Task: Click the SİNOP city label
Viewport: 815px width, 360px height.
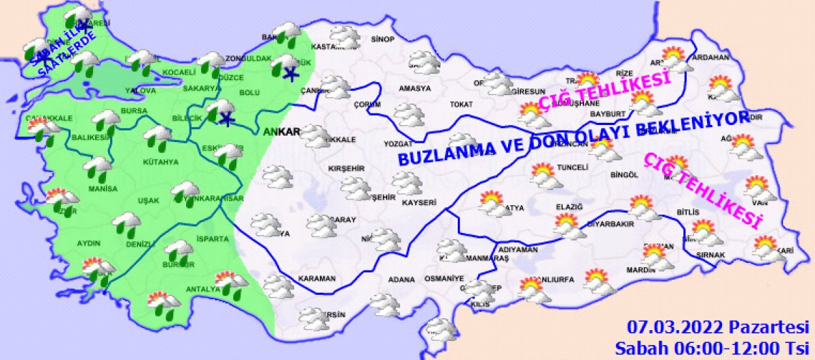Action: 383,39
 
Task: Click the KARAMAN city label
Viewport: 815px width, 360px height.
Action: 317,278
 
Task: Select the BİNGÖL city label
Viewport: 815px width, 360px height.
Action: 625,175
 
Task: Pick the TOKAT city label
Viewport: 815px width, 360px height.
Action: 460,105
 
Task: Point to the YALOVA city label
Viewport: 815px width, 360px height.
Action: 143,90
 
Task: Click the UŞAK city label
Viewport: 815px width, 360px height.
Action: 148,200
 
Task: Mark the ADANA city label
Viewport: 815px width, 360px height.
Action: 401,279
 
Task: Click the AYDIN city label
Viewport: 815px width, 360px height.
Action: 89,242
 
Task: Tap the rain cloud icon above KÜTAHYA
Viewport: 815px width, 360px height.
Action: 158,137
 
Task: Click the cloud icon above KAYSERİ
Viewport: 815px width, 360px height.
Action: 407,183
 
